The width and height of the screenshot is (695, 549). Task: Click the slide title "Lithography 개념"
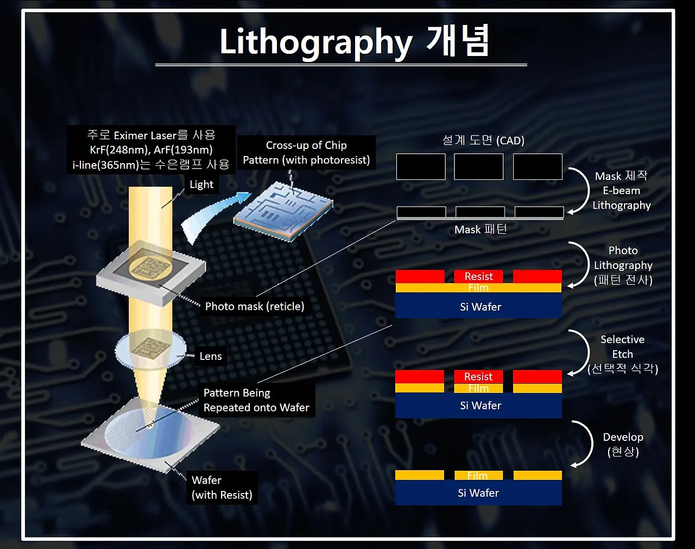click(354, 41)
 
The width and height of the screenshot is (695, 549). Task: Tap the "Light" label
click(201, 184)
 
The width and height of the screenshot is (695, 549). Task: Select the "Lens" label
click(211, 356)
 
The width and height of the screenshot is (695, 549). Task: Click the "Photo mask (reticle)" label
click(255, 306)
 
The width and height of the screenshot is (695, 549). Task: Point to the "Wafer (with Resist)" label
click(222, 488)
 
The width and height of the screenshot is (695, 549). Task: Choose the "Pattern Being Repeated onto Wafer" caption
click(256, 400)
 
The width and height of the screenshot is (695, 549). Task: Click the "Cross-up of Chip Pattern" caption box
click(306, 152)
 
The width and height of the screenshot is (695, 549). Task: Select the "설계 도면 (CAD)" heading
click(483, 140)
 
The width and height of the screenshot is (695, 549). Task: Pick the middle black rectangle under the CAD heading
click(478, 166)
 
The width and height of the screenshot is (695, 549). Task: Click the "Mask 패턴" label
click(480, 229)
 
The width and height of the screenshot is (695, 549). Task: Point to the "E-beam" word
click(621, 190)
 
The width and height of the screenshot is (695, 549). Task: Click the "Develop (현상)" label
click(623, 444)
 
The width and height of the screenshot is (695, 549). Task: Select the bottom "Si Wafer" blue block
click(478, 492)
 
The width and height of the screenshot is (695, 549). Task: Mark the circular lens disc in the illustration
click(150, 349)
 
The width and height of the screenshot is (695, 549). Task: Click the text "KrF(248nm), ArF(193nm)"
click(151, 149)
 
